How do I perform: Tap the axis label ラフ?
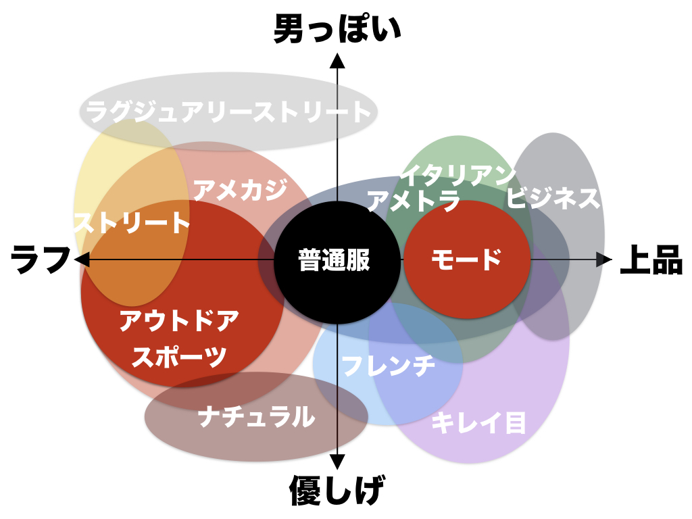[x=41, y=259]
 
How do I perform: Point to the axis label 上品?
[x=651, y=261]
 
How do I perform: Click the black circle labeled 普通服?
[x=335, y=260]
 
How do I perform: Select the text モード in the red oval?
[x=466, y=259]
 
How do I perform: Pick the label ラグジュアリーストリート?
[x=228, y=112]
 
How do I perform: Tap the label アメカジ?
[x=240, y=190]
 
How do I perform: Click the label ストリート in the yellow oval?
[x=132, y=222]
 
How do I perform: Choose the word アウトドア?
[x=179, y=322]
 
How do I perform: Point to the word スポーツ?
[x=178, y=356]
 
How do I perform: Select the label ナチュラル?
[x=257, y=416]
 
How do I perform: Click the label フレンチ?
[x=388, y=366]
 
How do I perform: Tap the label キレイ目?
[x=478, y=423]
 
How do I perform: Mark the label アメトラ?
[x=413, y=201]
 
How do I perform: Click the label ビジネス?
[x=553, y=198]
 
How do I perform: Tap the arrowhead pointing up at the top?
[x=337, y=61]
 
